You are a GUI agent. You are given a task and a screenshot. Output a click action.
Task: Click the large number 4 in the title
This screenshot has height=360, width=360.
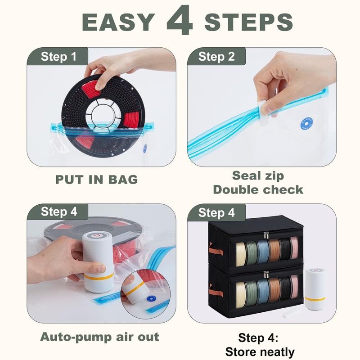180,20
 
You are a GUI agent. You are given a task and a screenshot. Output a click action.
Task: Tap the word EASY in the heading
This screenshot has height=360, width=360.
118,22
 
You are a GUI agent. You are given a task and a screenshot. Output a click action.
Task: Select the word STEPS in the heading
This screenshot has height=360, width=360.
248,22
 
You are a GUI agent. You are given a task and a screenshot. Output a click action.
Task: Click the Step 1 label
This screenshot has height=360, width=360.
58,57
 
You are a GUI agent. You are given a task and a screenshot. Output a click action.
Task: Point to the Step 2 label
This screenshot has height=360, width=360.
216,57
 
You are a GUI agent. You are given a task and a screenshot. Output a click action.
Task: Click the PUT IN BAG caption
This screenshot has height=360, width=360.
97,179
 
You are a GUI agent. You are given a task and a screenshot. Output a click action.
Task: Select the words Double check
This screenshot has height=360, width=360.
258,189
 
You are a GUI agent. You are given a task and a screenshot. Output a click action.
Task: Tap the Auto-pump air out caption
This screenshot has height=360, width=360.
99,337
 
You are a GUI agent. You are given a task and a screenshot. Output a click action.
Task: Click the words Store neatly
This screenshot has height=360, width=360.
260,352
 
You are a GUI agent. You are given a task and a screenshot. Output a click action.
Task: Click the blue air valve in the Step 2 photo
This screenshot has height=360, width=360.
307,124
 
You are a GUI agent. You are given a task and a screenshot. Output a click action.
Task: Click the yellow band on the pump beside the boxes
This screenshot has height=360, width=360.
315,299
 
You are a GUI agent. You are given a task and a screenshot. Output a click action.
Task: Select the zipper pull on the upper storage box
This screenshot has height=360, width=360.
266,235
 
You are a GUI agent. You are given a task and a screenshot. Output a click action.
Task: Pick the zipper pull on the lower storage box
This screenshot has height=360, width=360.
266,275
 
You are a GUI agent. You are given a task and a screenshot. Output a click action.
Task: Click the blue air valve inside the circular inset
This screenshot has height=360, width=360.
151,299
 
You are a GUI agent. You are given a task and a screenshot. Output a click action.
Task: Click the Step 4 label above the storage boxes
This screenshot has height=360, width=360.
216,212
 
